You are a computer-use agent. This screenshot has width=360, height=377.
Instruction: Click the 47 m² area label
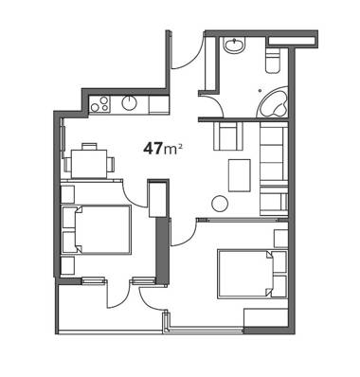[162, 149]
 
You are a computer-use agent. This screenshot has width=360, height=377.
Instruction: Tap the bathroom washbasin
[234, 45]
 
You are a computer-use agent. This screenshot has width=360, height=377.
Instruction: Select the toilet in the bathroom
[273, 61]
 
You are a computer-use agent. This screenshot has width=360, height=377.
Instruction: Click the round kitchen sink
[129, 103]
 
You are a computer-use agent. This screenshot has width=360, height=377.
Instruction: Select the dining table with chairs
[89, 163]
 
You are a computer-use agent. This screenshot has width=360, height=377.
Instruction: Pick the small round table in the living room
[220, 204]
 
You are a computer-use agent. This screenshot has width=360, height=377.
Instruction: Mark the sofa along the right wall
[273, 167]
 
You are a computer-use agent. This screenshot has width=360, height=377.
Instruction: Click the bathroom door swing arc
[211, 105]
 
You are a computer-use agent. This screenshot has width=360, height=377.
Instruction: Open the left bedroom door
[135, 196]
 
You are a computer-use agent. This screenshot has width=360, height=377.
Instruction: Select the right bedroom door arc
[183, 234]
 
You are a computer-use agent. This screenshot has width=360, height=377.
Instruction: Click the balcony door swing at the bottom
[118, 295]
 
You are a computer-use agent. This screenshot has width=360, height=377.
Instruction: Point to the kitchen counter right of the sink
[157, 104]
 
